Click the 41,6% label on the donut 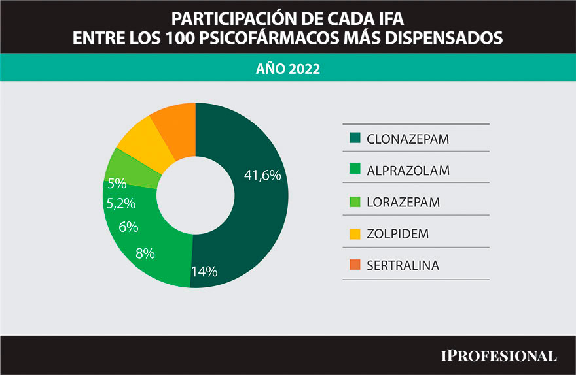pyautogui.click(x=262, y=175)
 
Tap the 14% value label pyautogui.click(x=204, y=272)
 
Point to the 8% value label pyautogui.click(x=145, y=253)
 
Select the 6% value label pyautogui.click(x=128, y=227)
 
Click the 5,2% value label pyautogui.click(x=120, y=203)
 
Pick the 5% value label pyautogui.click(x=117, y=183)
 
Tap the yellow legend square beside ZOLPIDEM pyautogui.click(x=355, y=233)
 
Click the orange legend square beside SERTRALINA pyautogui.click(x=355, y=265)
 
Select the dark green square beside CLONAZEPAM pyautogui.click(x=355, y=138)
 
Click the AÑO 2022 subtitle pyautogui.click(x=288, y=68)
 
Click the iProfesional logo pyautogui.click(x=497, y=355)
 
